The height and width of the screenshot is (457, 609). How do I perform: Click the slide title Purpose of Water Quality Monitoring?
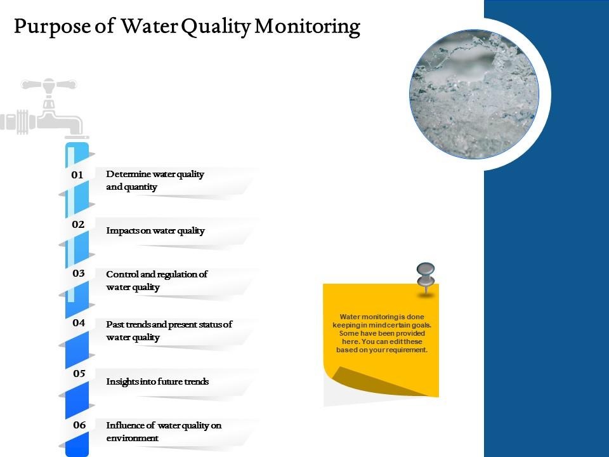[187, 27]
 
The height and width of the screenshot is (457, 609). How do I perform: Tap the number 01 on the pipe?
[77, 175]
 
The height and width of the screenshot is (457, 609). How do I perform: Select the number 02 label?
[77, 224]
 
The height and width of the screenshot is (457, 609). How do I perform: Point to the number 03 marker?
[79, 274]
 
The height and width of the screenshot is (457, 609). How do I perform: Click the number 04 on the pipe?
[79, 322]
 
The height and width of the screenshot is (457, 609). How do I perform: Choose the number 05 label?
[79, 373]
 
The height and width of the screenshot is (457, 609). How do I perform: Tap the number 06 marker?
[79, 425]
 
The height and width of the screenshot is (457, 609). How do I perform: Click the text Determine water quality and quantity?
[155, 180]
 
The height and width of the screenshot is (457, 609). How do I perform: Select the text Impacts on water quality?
[155, 230]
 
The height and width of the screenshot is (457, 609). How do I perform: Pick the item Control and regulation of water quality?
[157, 281]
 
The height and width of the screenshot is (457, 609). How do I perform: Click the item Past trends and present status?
[169, 331]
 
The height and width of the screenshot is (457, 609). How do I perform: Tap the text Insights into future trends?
[157, 381]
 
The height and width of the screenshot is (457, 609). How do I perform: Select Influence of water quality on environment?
[164, 432]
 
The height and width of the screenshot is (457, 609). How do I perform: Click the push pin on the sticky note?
[425, 276]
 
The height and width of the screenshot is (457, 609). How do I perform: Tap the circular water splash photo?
[474, 93]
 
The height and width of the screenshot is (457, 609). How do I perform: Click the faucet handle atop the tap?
[49, 84]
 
